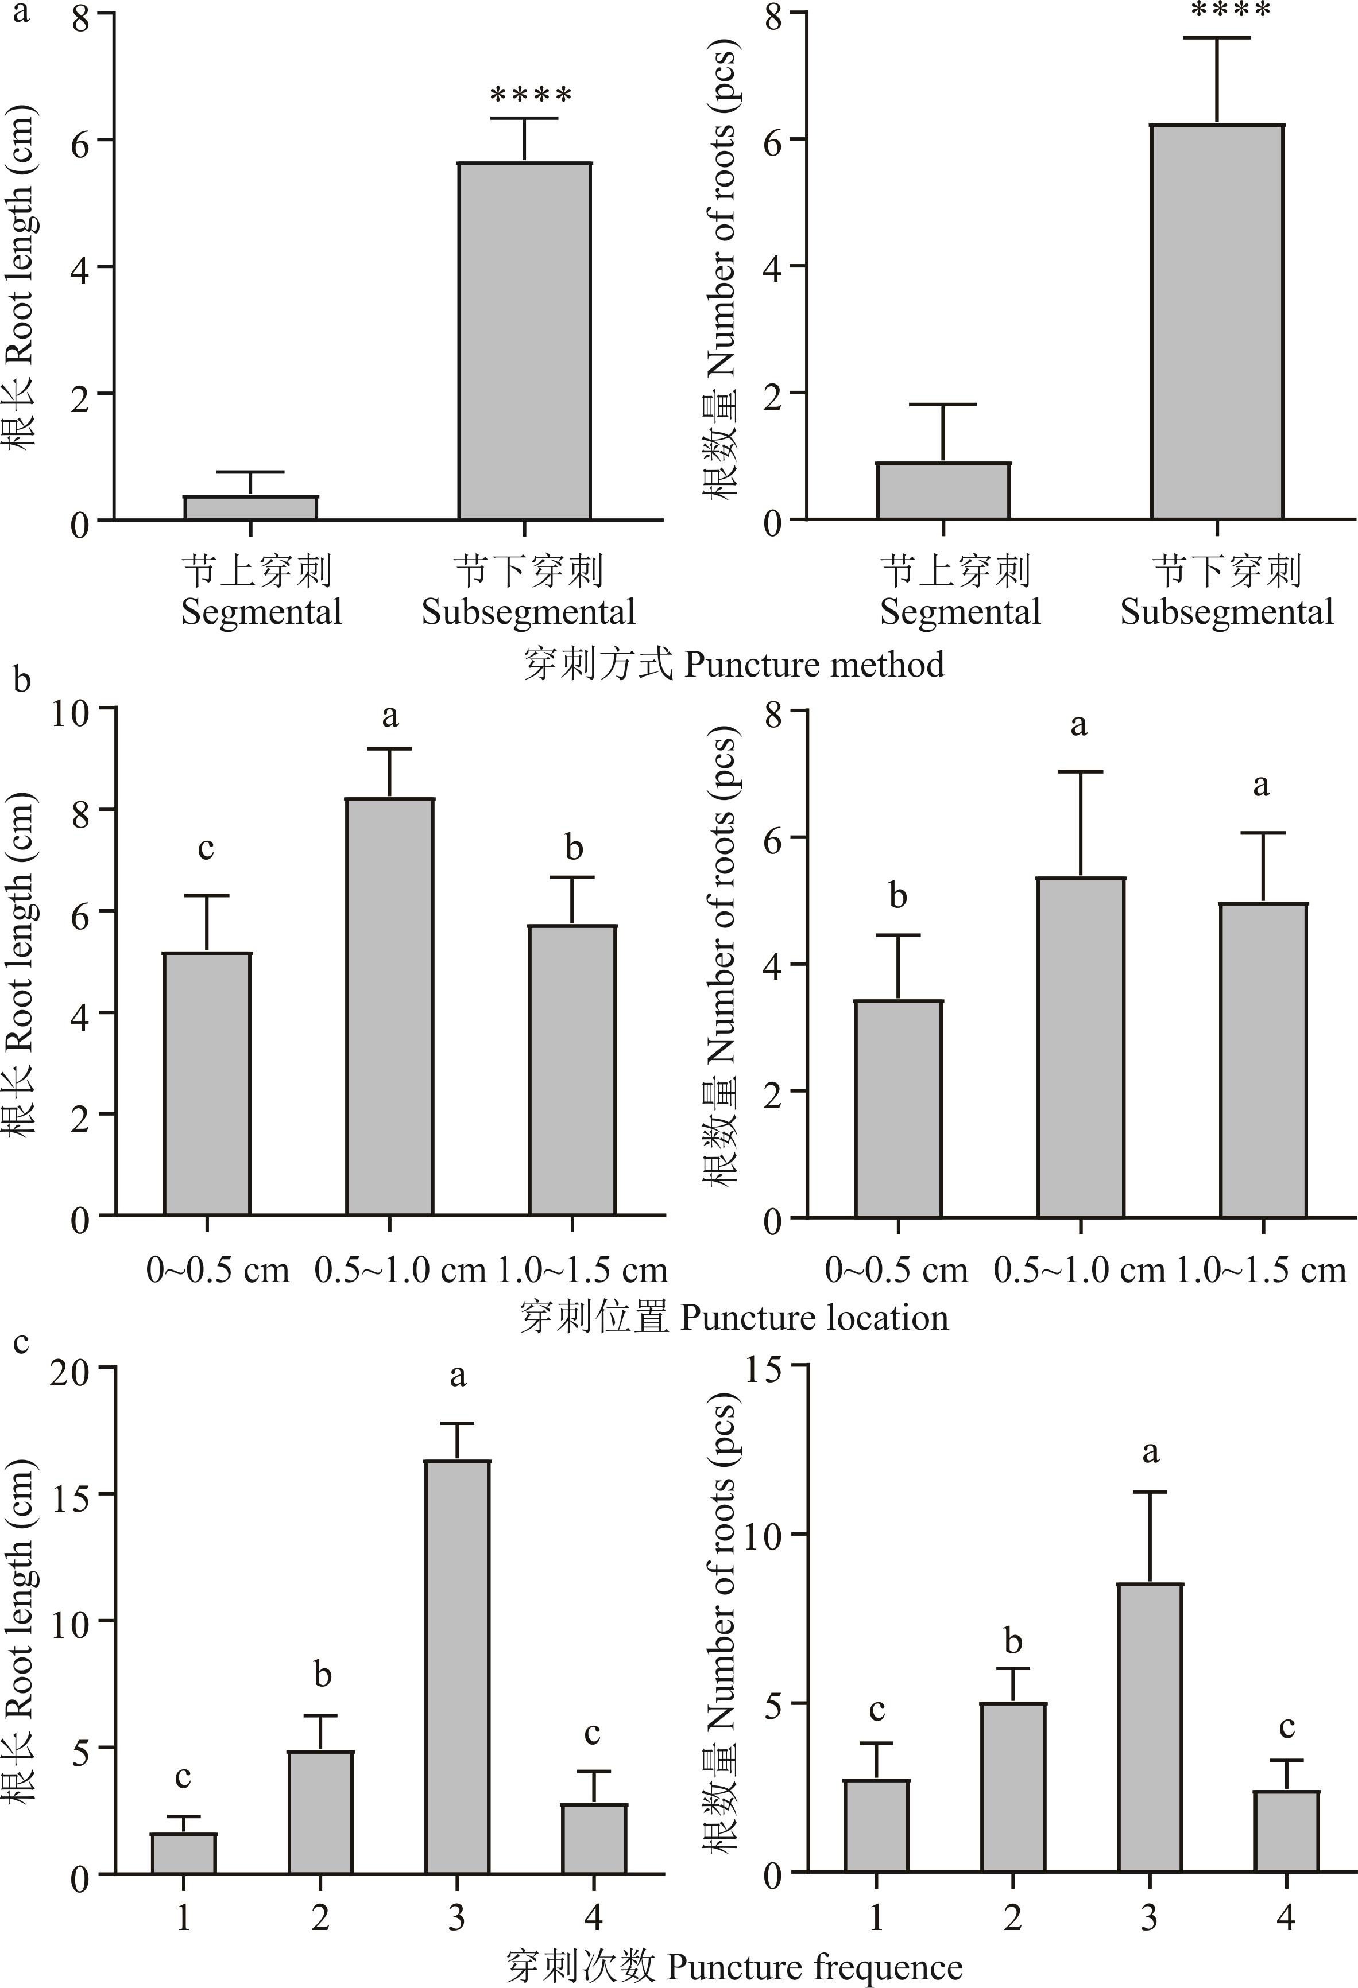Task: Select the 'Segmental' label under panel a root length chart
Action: coord(261,612)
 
